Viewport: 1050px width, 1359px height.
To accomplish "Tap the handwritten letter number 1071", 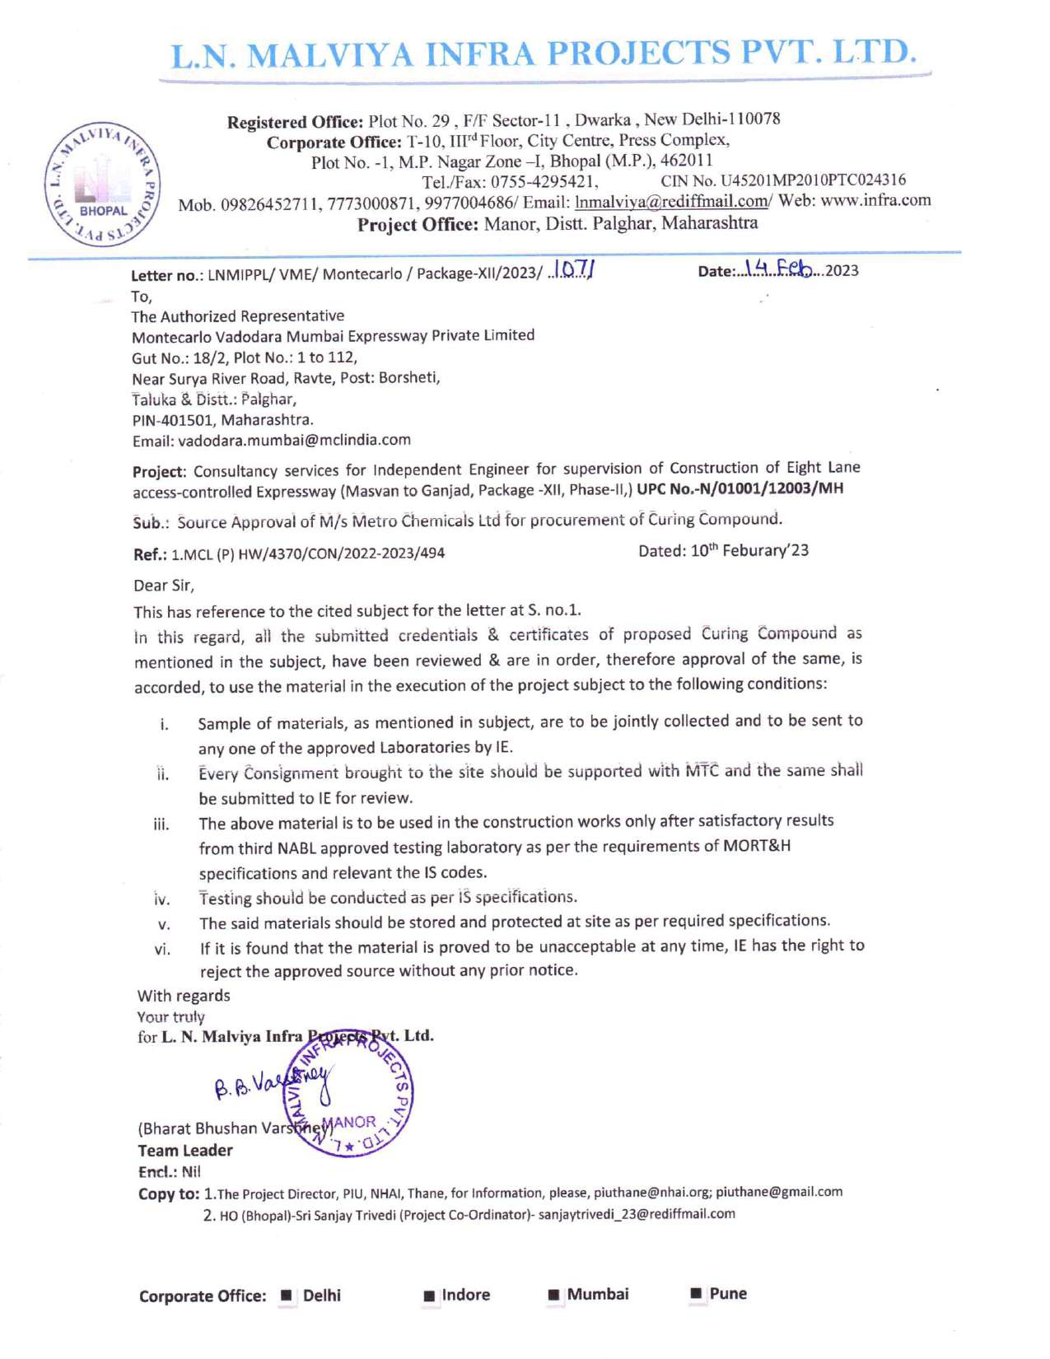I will (x=575, y=269).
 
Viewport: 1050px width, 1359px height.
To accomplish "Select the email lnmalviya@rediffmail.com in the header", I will (x=671, y=202).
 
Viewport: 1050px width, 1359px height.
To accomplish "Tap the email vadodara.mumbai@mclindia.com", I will (x=294, y=441).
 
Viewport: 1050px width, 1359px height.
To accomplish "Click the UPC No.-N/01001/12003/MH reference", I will (x=740, y=489).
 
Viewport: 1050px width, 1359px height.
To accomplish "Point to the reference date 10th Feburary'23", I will (x=723, y=550).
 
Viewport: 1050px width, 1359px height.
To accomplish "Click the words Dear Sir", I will (x=164, y=586).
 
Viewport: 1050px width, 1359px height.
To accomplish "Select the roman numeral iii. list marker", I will (x=161, y=824).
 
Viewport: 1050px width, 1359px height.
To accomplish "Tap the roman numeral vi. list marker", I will (x=162, y=950).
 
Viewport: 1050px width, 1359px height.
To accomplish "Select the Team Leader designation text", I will (x=185, y=1151).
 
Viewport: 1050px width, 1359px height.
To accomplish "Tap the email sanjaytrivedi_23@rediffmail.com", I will (x=637, y=1214).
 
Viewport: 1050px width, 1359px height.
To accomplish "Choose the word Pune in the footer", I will (x=728, y=1294).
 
